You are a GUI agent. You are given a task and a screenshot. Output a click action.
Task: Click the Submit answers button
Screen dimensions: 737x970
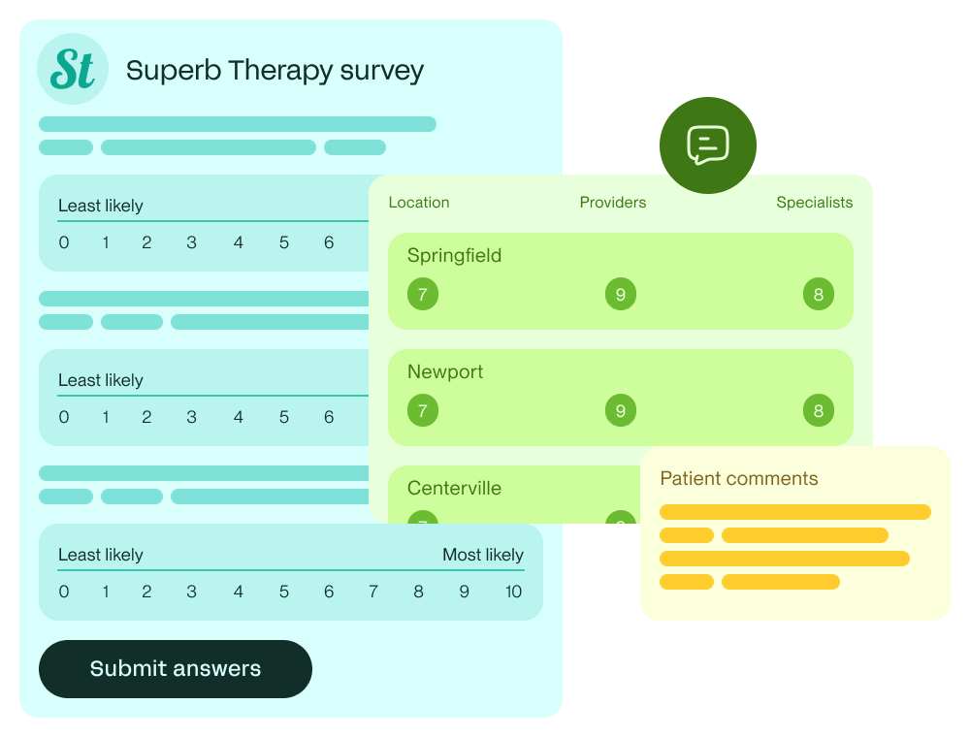pos(176,669)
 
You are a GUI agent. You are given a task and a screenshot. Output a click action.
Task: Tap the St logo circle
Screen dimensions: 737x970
pos(73,69)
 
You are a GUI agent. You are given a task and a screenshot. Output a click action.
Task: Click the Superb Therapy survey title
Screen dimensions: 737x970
pos(275,71)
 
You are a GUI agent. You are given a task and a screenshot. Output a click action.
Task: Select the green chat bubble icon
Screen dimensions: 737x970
pos(708,145)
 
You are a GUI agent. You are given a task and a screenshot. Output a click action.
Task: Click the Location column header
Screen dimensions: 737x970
pos(419,203)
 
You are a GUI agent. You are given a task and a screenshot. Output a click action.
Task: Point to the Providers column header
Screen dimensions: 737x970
pos(613,203)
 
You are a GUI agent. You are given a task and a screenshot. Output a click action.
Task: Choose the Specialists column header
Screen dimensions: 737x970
pos(815,203)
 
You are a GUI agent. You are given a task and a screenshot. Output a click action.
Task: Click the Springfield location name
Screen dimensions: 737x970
pos(454,256)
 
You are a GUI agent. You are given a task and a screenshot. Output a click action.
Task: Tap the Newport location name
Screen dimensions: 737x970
pos(445,372)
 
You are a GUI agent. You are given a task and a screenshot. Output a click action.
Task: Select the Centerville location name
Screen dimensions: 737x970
pos(454,489)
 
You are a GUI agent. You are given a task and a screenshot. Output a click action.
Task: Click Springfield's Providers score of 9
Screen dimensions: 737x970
pos(621,295)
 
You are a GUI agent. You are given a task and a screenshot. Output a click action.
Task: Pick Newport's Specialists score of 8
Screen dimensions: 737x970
pos(819,411)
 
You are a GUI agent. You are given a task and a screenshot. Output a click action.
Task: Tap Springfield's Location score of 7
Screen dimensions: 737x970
pos(423,295)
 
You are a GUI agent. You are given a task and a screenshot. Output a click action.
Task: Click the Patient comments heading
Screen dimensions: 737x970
pos(739,479)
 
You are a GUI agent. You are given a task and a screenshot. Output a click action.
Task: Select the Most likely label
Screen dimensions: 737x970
pos(483,556)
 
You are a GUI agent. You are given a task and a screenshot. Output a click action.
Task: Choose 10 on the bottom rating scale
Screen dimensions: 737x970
pos(513,592)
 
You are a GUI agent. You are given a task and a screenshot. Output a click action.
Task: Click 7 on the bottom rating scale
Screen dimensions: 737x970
pos(373,592)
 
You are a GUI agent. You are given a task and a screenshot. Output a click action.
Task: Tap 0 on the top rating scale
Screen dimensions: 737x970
pos(64,242)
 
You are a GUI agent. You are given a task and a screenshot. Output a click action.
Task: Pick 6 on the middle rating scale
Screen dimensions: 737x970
pos(329,417)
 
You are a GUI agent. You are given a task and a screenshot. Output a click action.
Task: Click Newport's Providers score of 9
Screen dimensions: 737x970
pos(621,411)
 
